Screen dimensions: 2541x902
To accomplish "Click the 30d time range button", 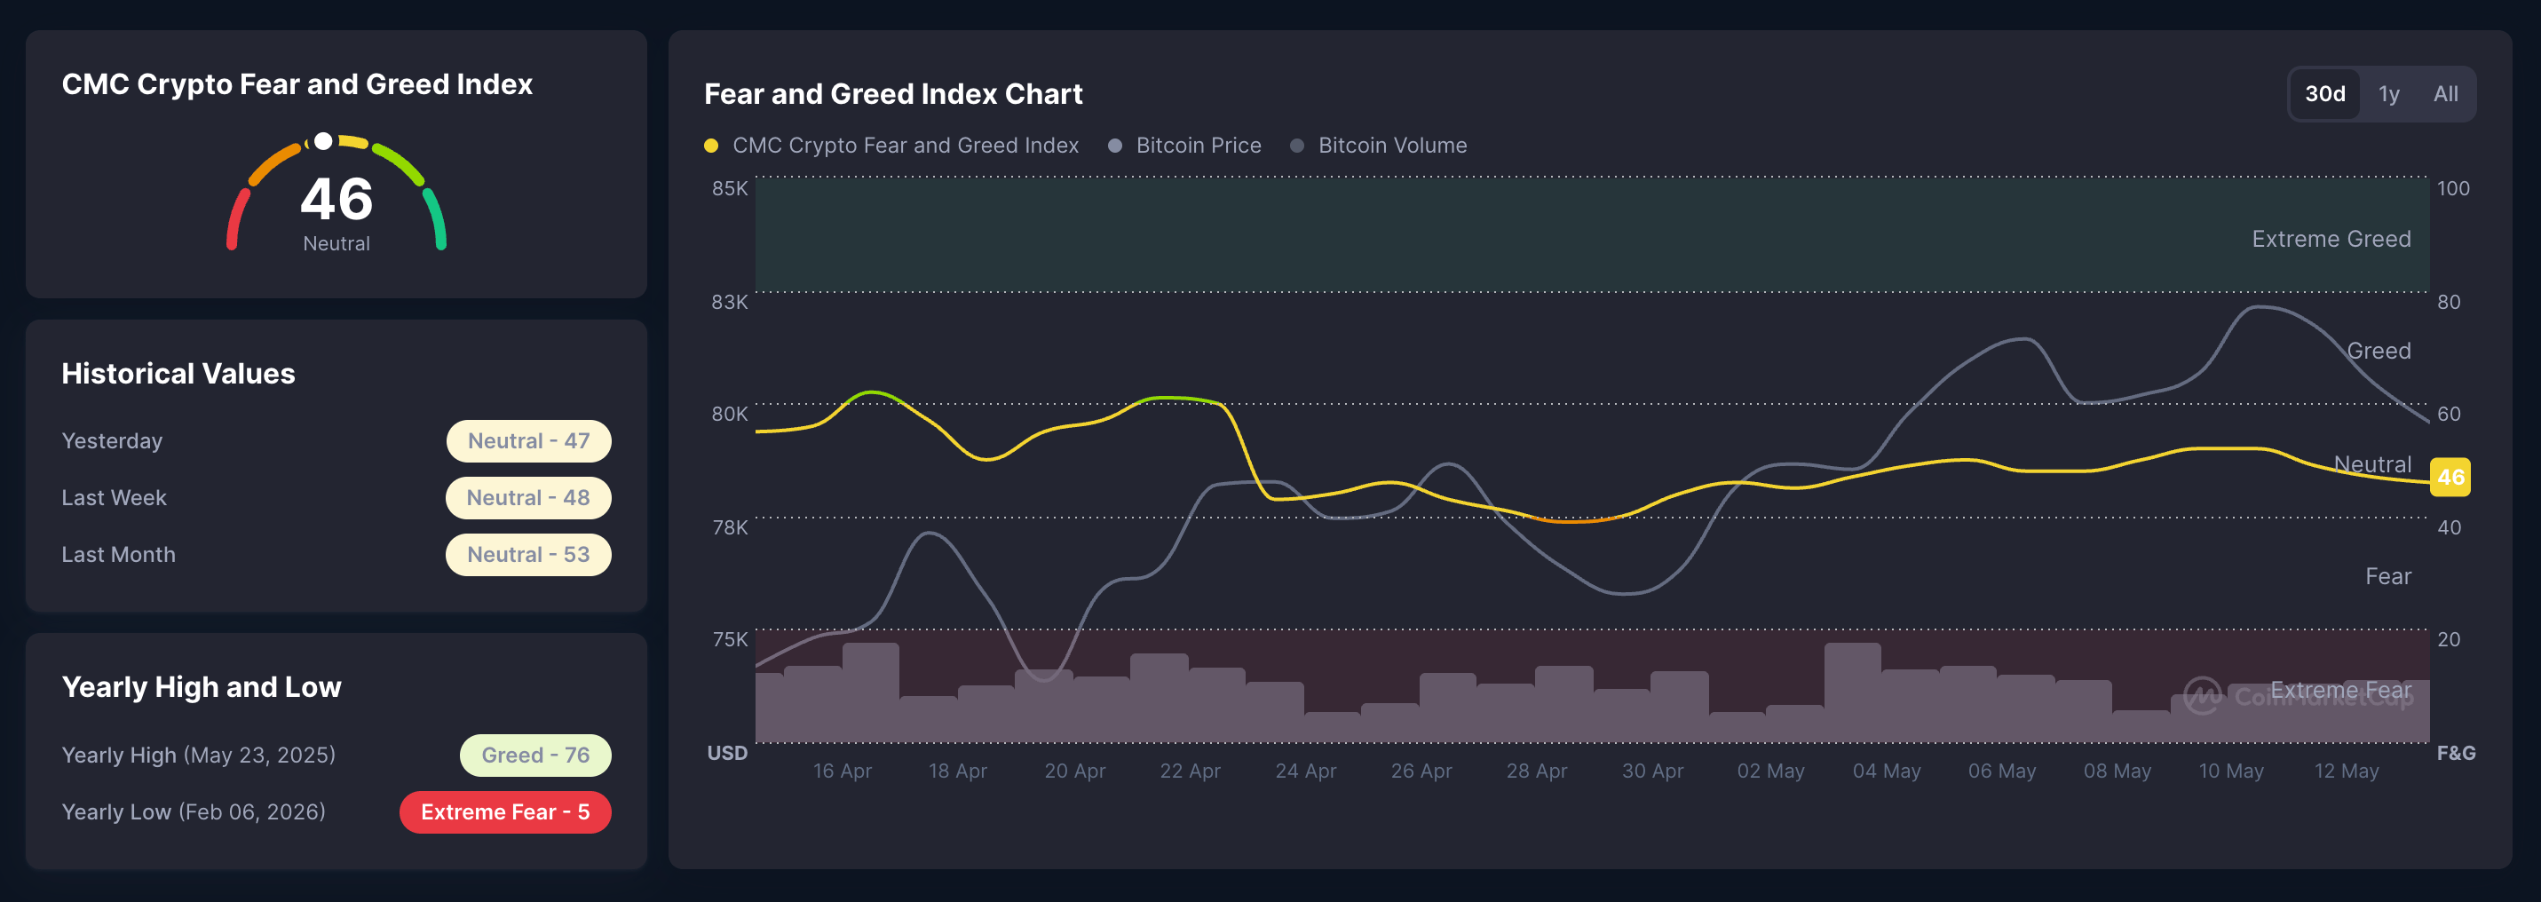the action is click(x=2324, y=94).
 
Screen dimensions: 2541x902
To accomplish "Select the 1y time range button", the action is click(x=2388, y=94).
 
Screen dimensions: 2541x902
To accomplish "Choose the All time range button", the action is click(x=2445, y=94).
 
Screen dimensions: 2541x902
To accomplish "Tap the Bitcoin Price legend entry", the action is click(x=1184, y=145).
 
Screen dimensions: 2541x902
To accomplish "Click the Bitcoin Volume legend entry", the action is click(x=1378, y=145).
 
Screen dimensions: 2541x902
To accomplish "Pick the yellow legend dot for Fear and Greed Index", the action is click(x=710, y=146).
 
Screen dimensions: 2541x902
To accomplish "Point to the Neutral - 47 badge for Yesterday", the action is click(x=529, y=441).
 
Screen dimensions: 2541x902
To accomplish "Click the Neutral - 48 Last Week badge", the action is click(x=529, y=497).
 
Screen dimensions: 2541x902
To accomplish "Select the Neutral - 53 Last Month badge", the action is click(x=529, y=555).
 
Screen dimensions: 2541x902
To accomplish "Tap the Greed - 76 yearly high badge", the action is click(x=535, y=755).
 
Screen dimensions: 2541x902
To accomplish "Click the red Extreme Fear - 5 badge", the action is click(x=505, y=812).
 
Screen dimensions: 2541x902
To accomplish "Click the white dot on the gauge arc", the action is click(x=322, y=141).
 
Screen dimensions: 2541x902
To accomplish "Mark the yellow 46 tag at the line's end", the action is click(x=2450, y=478).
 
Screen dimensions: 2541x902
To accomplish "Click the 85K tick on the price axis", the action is click(x=730, y=187).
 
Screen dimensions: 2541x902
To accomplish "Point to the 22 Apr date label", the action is click(x=1190, y=771).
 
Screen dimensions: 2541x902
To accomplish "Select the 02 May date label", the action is click(x=1770, y=771).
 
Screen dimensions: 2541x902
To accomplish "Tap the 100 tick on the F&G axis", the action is click(x=2453, y=187).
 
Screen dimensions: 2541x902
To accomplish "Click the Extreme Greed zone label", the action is click(x=2331, y=239).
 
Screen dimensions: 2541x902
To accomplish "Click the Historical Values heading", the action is click(x=178, y=373).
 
